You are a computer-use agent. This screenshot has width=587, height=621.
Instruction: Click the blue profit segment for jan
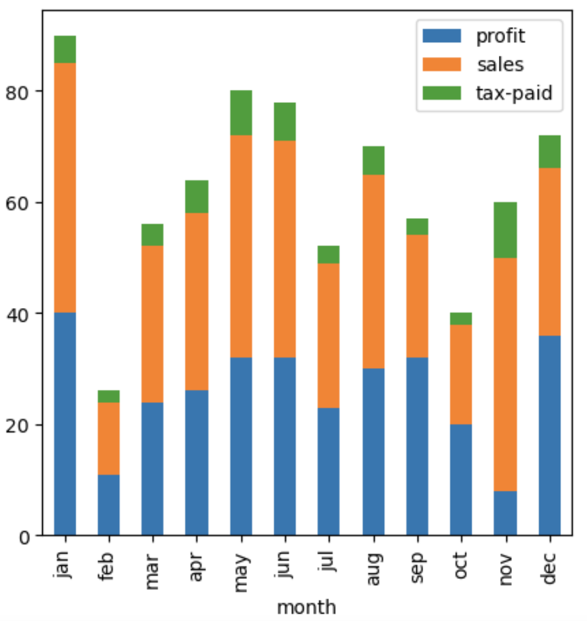tap(65, 424)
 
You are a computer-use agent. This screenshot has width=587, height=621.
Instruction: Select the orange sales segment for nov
tap(506, 374)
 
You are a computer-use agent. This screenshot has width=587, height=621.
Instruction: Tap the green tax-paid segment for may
tap(241, 113)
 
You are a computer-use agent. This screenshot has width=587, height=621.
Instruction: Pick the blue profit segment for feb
tap(109, 504)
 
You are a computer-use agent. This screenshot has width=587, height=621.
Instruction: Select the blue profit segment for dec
tap(550, 435)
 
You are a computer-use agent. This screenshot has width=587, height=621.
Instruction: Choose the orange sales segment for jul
tap(328, 335)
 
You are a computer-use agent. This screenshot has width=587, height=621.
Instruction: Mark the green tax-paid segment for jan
tap(65, 50)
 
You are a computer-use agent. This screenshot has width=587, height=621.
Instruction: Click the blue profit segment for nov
tap(506, 513)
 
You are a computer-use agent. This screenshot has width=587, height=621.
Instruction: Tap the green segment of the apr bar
tap(197, 196)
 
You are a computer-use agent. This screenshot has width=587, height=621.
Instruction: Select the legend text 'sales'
tap(500, 64)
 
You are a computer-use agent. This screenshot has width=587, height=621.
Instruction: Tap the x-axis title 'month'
tap(307, 606)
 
